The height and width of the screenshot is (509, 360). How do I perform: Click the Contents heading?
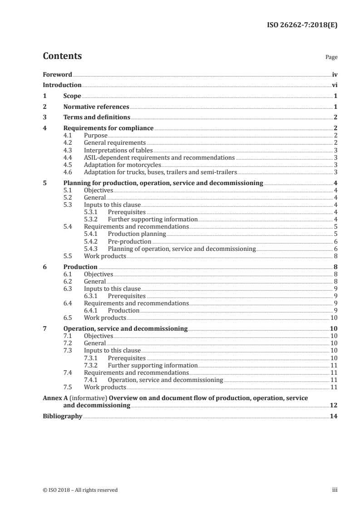[62, 56]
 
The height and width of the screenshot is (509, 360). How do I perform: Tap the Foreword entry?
[57, 74]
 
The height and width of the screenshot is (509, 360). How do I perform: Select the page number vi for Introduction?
[335, 85]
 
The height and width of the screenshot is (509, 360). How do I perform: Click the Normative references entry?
[96, 107]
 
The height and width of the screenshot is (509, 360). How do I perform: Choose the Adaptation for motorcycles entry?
[123, 165]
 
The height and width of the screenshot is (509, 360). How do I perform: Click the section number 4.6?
[69, 172]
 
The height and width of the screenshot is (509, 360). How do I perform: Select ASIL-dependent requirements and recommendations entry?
[159, 157]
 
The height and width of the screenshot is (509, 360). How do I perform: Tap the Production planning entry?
[137, 234]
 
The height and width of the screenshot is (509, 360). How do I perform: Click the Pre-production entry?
[129, 241]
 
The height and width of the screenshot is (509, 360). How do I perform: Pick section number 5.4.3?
[92, 249]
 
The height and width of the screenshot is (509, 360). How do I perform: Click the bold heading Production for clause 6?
[80, 267]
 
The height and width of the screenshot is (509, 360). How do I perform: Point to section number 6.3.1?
[92, 296]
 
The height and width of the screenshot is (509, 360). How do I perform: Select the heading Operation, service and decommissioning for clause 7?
[125, 328]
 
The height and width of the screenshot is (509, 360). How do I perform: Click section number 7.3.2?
[92, 365]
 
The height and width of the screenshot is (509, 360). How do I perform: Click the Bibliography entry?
[62, 416]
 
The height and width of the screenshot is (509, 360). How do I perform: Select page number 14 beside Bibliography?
[334, 416]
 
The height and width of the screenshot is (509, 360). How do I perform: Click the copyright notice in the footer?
[80, 490]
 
